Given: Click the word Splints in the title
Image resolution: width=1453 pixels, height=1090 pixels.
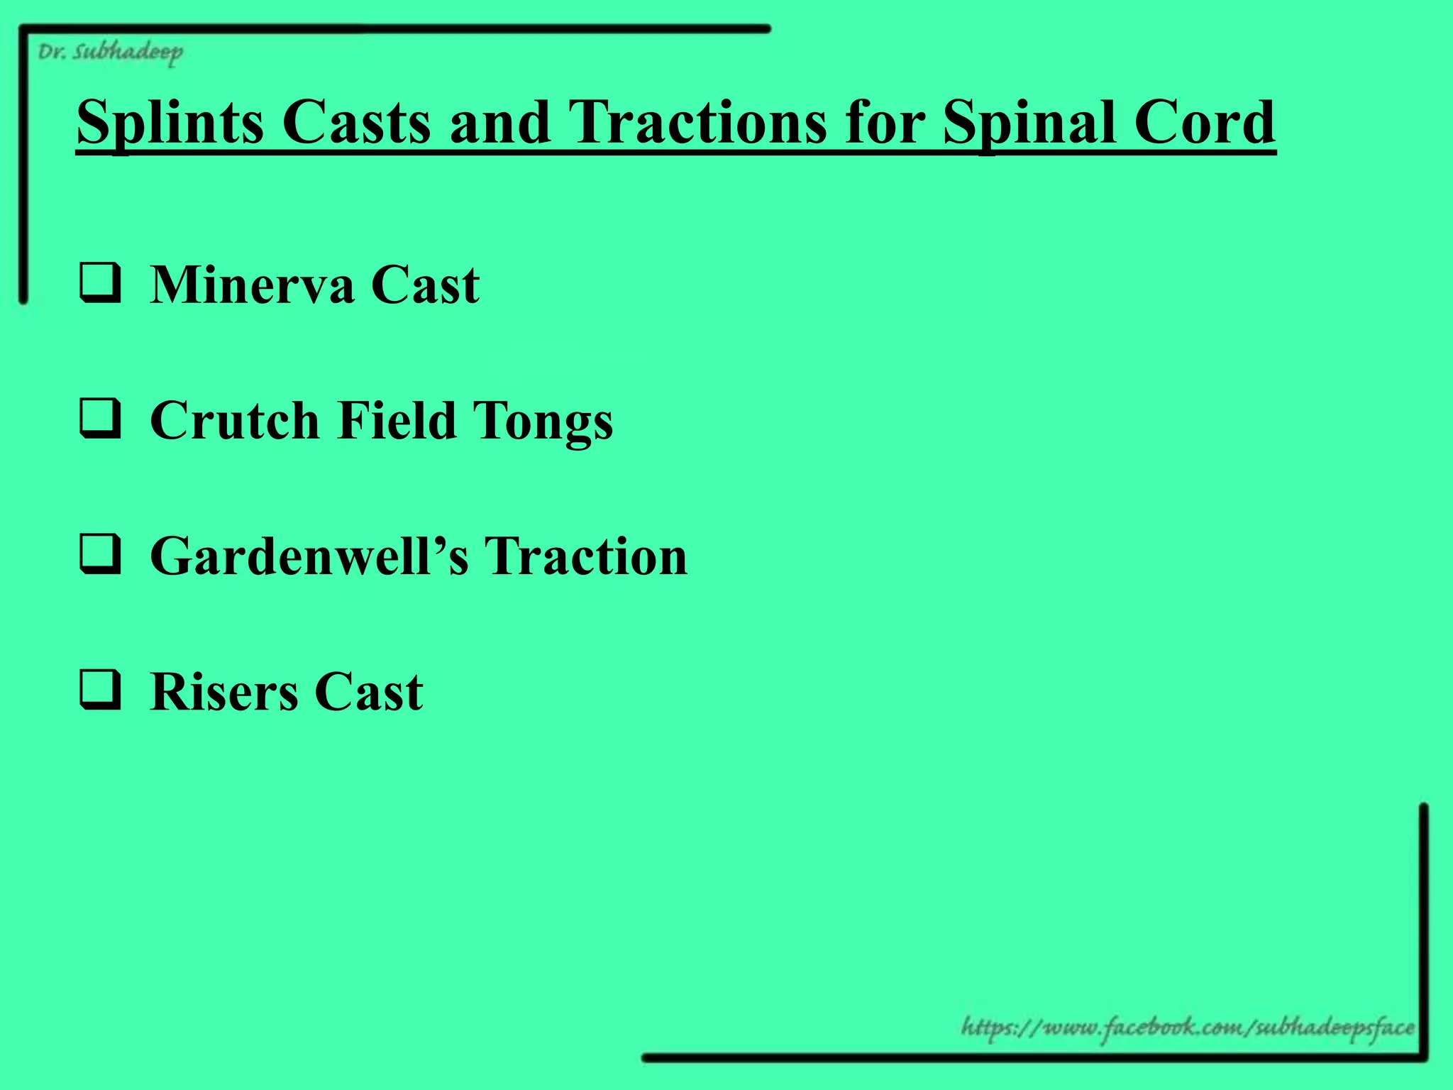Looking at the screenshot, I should (x=170, y=122).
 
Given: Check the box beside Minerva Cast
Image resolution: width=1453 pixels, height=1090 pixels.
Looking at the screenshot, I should (x=99, y=284).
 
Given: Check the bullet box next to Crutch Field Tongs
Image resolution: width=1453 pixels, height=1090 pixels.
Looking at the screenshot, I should (x=99, y=419).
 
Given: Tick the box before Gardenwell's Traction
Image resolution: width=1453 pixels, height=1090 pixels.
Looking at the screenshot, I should (x=99, y=555).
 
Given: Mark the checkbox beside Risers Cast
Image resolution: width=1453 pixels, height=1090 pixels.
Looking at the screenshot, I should (x=99, y=691).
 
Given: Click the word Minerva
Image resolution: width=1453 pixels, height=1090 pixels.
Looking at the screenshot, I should (x=252, y=285).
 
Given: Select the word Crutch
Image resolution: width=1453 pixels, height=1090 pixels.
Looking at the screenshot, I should (x=235, y=420).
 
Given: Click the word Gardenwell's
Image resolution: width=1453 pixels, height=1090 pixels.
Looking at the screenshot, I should (x=309, y=556).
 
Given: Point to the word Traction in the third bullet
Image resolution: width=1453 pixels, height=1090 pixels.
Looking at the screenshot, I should (x=585, y=556).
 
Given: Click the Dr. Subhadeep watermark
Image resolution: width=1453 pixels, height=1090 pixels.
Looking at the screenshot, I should (x=110, y=53).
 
